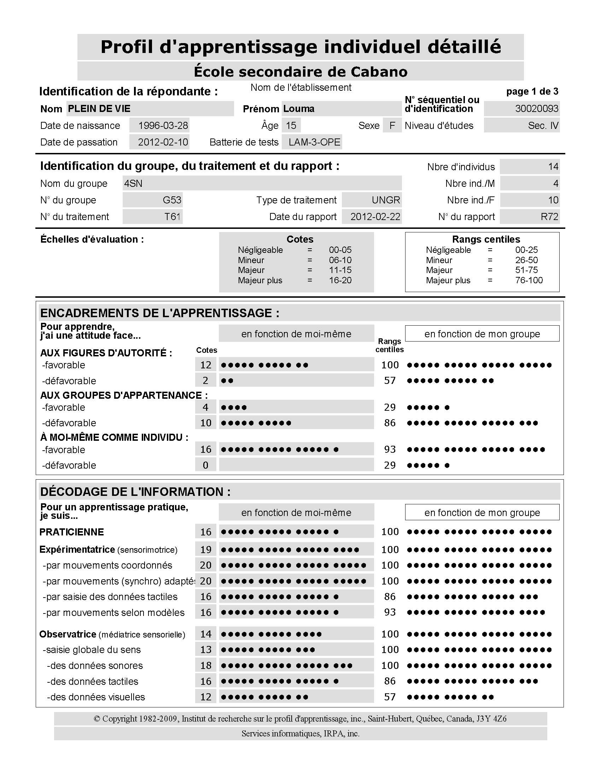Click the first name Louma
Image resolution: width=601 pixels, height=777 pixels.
[x=299, y=109]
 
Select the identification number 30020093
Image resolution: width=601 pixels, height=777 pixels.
[x=536, y=109]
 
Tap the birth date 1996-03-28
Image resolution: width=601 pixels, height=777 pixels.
[x=163, y=126]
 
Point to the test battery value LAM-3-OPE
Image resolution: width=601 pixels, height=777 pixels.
[x=314, y=142]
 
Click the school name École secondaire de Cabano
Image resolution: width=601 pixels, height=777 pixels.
[x=300, y=72]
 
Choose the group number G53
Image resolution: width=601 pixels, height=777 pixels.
[x=171, y=200]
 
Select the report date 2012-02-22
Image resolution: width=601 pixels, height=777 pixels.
[x=375, y=217]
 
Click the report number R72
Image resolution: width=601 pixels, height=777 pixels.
[x=549, y=217]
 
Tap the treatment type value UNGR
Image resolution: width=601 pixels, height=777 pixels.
[x=386, y=200]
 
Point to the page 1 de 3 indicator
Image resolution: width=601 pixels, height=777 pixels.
[x=532, y=91]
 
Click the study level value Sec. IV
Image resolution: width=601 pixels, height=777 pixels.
[x=543, y=126]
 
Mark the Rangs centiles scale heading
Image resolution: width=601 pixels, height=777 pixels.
[x=486, y=239]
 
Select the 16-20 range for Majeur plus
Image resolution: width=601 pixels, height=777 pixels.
[x=340, y=280]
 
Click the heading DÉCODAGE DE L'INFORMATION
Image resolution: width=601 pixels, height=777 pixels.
[x=135, y=492]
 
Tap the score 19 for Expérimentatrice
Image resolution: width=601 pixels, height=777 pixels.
[x=206, y=550]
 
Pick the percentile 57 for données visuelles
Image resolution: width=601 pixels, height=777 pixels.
[x=390, y=697]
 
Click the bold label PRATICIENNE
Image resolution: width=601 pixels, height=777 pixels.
[x=71, y=532]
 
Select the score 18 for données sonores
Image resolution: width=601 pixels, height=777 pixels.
[x=206, y=666]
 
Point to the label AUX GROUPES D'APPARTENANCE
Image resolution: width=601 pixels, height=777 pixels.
[x=123, y=395]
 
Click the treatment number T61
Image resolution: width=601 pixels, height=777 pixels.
[x=172, y=217]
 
